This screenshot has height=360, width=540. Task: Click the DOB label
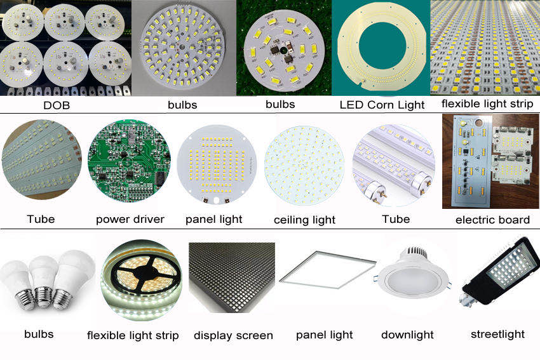pos(57,105)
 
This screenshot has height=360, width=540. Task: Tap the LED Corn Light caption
pos(382,105)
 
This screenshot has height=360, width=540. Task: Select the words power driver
pos(130,220)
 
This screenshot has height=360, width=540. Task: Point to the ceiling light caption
pos(304,220)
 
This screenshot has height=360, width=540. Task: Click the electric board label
pos(492,220)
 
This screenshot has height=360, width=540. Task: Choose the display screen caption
pos(233,336)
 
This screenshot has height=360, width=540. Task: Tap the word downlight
pos(407,335)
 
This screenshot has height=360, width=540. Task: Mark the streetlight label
pos(497,334)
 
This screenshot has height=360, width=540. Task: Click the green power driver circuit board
pos(129,161)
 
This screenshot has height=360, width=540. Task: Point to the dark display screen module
pos(232,277)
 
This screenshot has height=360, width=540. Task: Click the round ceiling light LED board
pos(304,166)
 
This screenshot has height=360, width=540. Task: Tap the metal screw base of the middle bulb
pos(44,297)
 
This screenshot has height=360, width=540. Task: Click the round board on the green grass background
pos(284,48)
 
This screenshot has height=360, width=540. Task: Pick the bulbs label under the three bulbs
pos(39,334)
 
